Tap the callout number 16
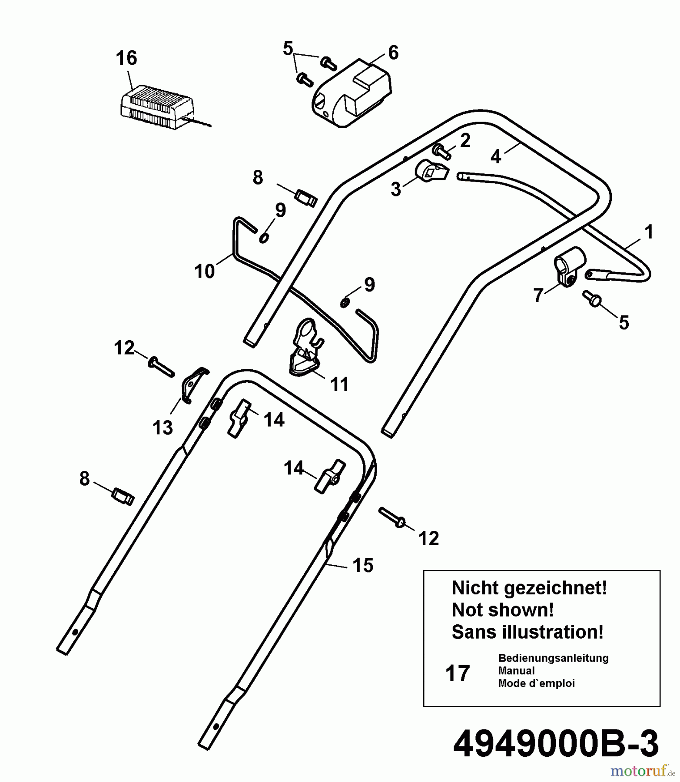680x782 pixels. [126, 58]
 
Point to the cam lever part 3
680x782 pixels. [431, 171]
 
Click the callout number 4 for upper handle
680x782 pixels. [496, 156]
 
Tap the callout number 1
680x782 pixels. [649, 232]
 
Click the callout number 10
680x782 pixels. [205, 272]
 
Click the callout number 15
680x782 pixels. [363, 566]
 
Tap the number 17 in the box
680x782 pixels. [458, 673]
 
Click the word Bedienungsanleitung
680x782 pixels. [553, 658]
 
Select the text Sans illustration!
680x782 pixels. [527, 632]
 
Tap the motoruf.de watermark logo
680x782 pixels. [643, 771]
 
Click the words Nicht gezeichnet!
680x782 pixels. [529, 588]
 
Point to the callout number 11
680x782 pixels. [339, 384]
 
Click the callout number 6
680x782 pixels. [393, 53]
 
